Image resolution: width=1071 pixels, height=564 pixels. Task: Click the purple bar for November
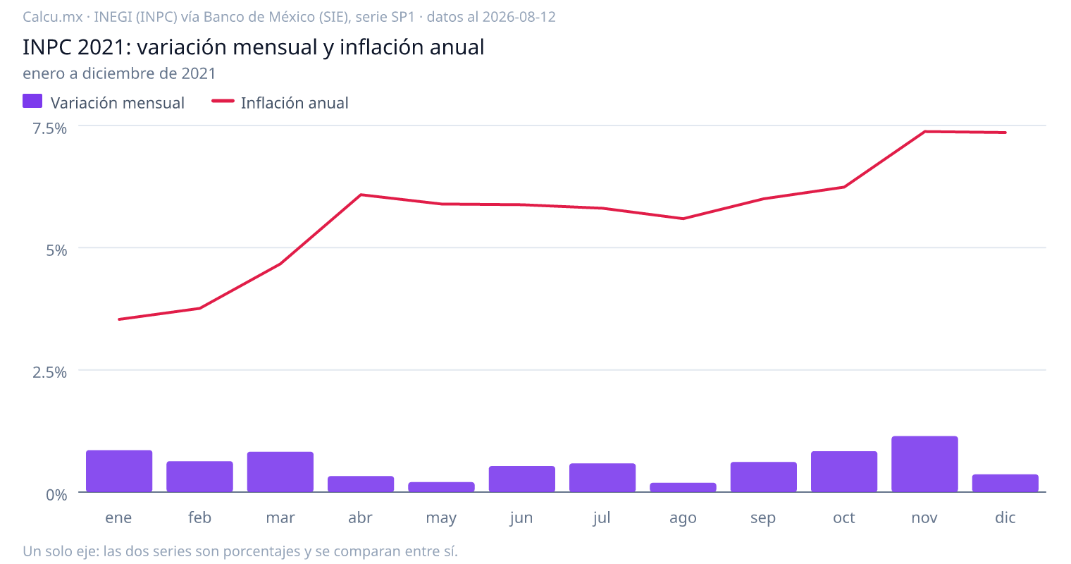coord(924,464)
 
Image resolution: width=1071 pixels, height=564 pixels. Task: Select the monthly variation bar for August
coord(683,487)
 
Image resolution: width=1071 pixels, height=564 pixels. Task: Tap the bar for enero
coord(119,471)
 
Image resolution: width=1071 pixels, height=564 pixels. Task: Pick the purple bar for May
coord(441,486)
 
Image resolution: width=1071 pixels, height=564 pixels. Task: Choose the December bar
coord(1005,483)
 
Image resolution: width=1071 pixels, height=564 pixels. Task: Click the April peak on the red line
coord(361,195)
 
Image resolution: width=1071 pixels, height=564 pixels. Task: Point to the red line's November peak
coord(924,131)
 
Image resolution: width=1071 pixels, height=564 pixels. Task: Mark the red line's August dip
coord(683,219)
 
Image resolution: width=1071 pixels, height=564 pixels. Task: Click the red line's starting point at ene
coord(119,319)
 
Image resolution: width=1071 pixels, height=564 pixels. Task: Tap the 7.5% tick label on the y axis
coord(49,128)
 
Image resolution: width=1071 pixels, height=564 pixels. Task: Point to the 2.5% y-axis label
coord(49,372)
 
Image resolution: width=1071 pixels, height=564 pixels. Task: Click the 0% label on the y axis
coord(56,495)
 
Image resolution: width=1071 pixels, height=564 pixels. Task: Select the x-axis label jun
coord(521,518)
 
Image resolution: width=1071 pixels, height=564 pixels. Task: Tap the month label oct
coord(844,517)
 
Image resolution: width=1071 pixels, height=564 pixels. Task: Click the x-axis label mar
coord(280,517)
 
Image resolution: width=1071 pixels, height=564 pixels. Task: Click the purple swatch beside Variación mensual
coord(32,101)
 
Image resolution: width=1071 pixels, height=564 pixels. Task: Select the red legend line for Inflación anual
coord(223,101)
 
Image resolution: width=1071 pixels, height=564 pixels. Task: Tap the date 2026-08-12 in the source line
coord(519,17)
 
